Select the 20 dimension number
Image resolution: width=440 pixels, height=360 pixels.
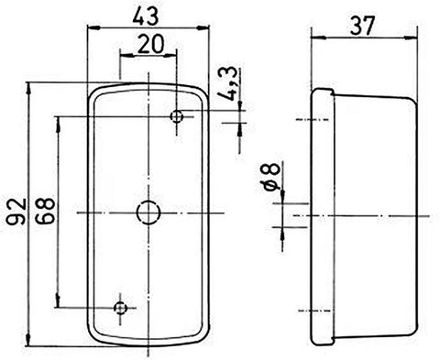pyautogui.click(x=150, y=44)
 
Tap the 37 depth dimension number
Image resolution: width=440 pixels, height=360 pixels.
pyautogui.click(x=362, y=26)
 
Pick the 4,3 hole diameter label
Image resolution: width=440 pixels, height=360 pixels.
pyautogui.click(x=228, y=84)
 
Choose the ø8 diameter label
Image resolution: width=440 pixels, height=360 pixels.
pyautogui.click(x=271, y=177)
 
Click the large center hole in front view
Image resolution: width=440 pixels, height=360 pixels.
pyautogui.click(x=148, y=213)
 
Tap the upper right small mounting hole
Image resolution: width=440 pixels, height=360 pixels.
pyautogui.click(x=177, y=116)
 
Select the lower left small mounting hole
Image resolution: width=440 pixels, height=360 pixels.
pyautogui.click(x=120, y=308)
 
